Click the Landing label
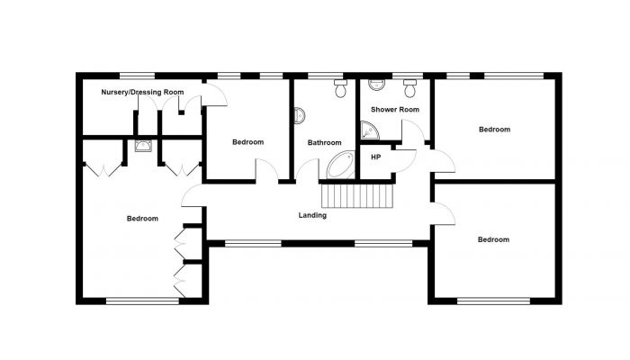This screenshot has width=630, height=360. click(x=312, y=215)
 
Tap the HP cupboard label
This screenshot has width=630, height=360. click(x=375, y=157)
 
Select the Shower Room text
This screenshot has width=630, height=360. click(x=395, y=109)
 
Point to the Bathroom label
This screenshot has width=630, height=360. click(x=324, y=142)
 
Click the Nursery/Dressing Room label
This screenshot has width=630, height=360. click(x=142, y=92)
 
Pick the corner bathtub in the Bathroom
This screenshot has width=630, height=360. click(x=341, y=165)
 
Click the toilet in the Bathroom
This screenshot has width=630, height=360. click(x=341, y=88)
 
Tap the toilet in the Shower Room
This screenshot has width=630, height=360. click(x=409, y=88)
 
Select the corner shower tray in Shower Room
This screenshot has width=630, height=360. click(x=369, y=130)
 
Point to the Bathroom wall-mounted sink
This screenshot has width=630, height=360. click(x=300, y=116)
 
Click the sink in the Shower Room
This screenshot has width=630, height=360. click(x=376, y=85)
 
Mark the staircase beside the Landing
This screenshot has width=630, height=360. click(x=356, y=195)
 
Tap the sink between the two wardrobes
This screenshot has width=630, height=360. click(x=143, y=146)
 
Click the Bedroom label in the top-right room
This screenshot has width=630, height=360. click(x=495, y=130)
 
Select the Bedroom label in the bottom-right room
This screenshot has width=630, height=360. click(x=493, y=239)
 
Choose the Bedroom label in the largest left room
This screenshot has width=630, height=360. click(x=142, y=219)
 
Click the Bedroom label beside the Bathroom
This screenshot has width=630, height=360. click(x=247, y=142)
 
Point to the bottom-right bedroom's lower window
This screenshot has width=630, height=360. click(x=493, y=301)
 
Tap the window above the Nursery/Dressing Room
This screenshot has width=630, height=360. click(x=137, y=76)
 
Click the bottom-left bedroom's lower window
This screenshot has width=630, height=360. click(x=142, y=301)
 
